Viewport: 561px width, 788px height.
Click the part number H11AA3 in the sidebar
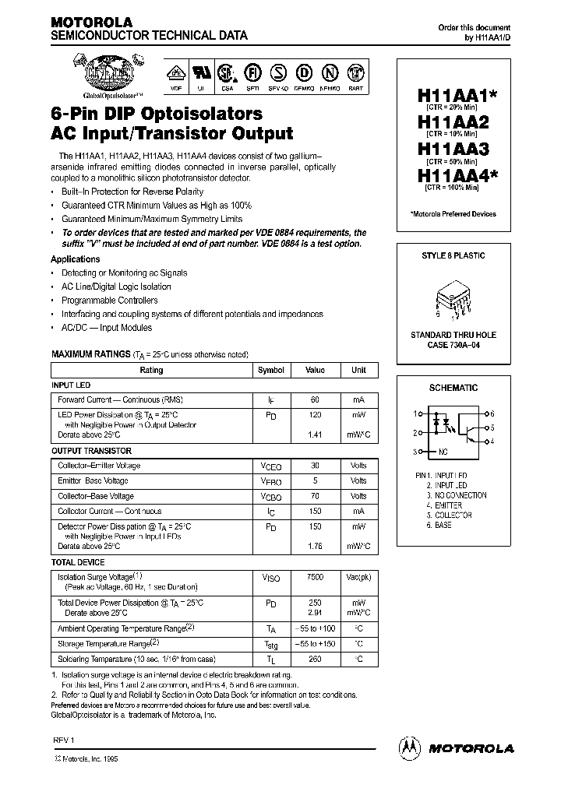453,148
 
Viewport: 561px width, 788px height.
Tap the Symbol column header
271,371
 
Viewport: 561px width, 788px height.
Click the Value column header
315,371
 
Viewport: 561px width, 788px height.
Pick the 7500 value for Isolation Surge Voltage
315,578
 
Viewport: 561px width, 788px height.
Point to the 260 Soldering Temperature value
315,658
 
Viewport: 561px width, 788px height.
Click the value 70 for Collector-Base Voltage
315,495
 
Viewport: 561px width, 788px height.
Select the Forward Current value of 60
315,399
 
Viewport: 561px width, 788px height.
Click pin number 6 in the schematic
493,413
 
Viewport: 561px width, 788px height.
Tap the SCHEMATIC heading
453,388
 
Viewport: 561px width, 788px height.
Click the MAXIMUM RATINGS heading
90,354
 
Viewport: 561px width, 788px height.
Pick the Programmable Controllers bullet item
109,301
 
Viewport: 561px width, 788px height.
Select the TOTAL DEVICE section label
75,561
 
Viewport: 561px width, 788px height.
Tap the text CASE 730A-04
453,345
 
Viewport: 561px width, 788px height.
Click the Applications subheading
76,259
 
